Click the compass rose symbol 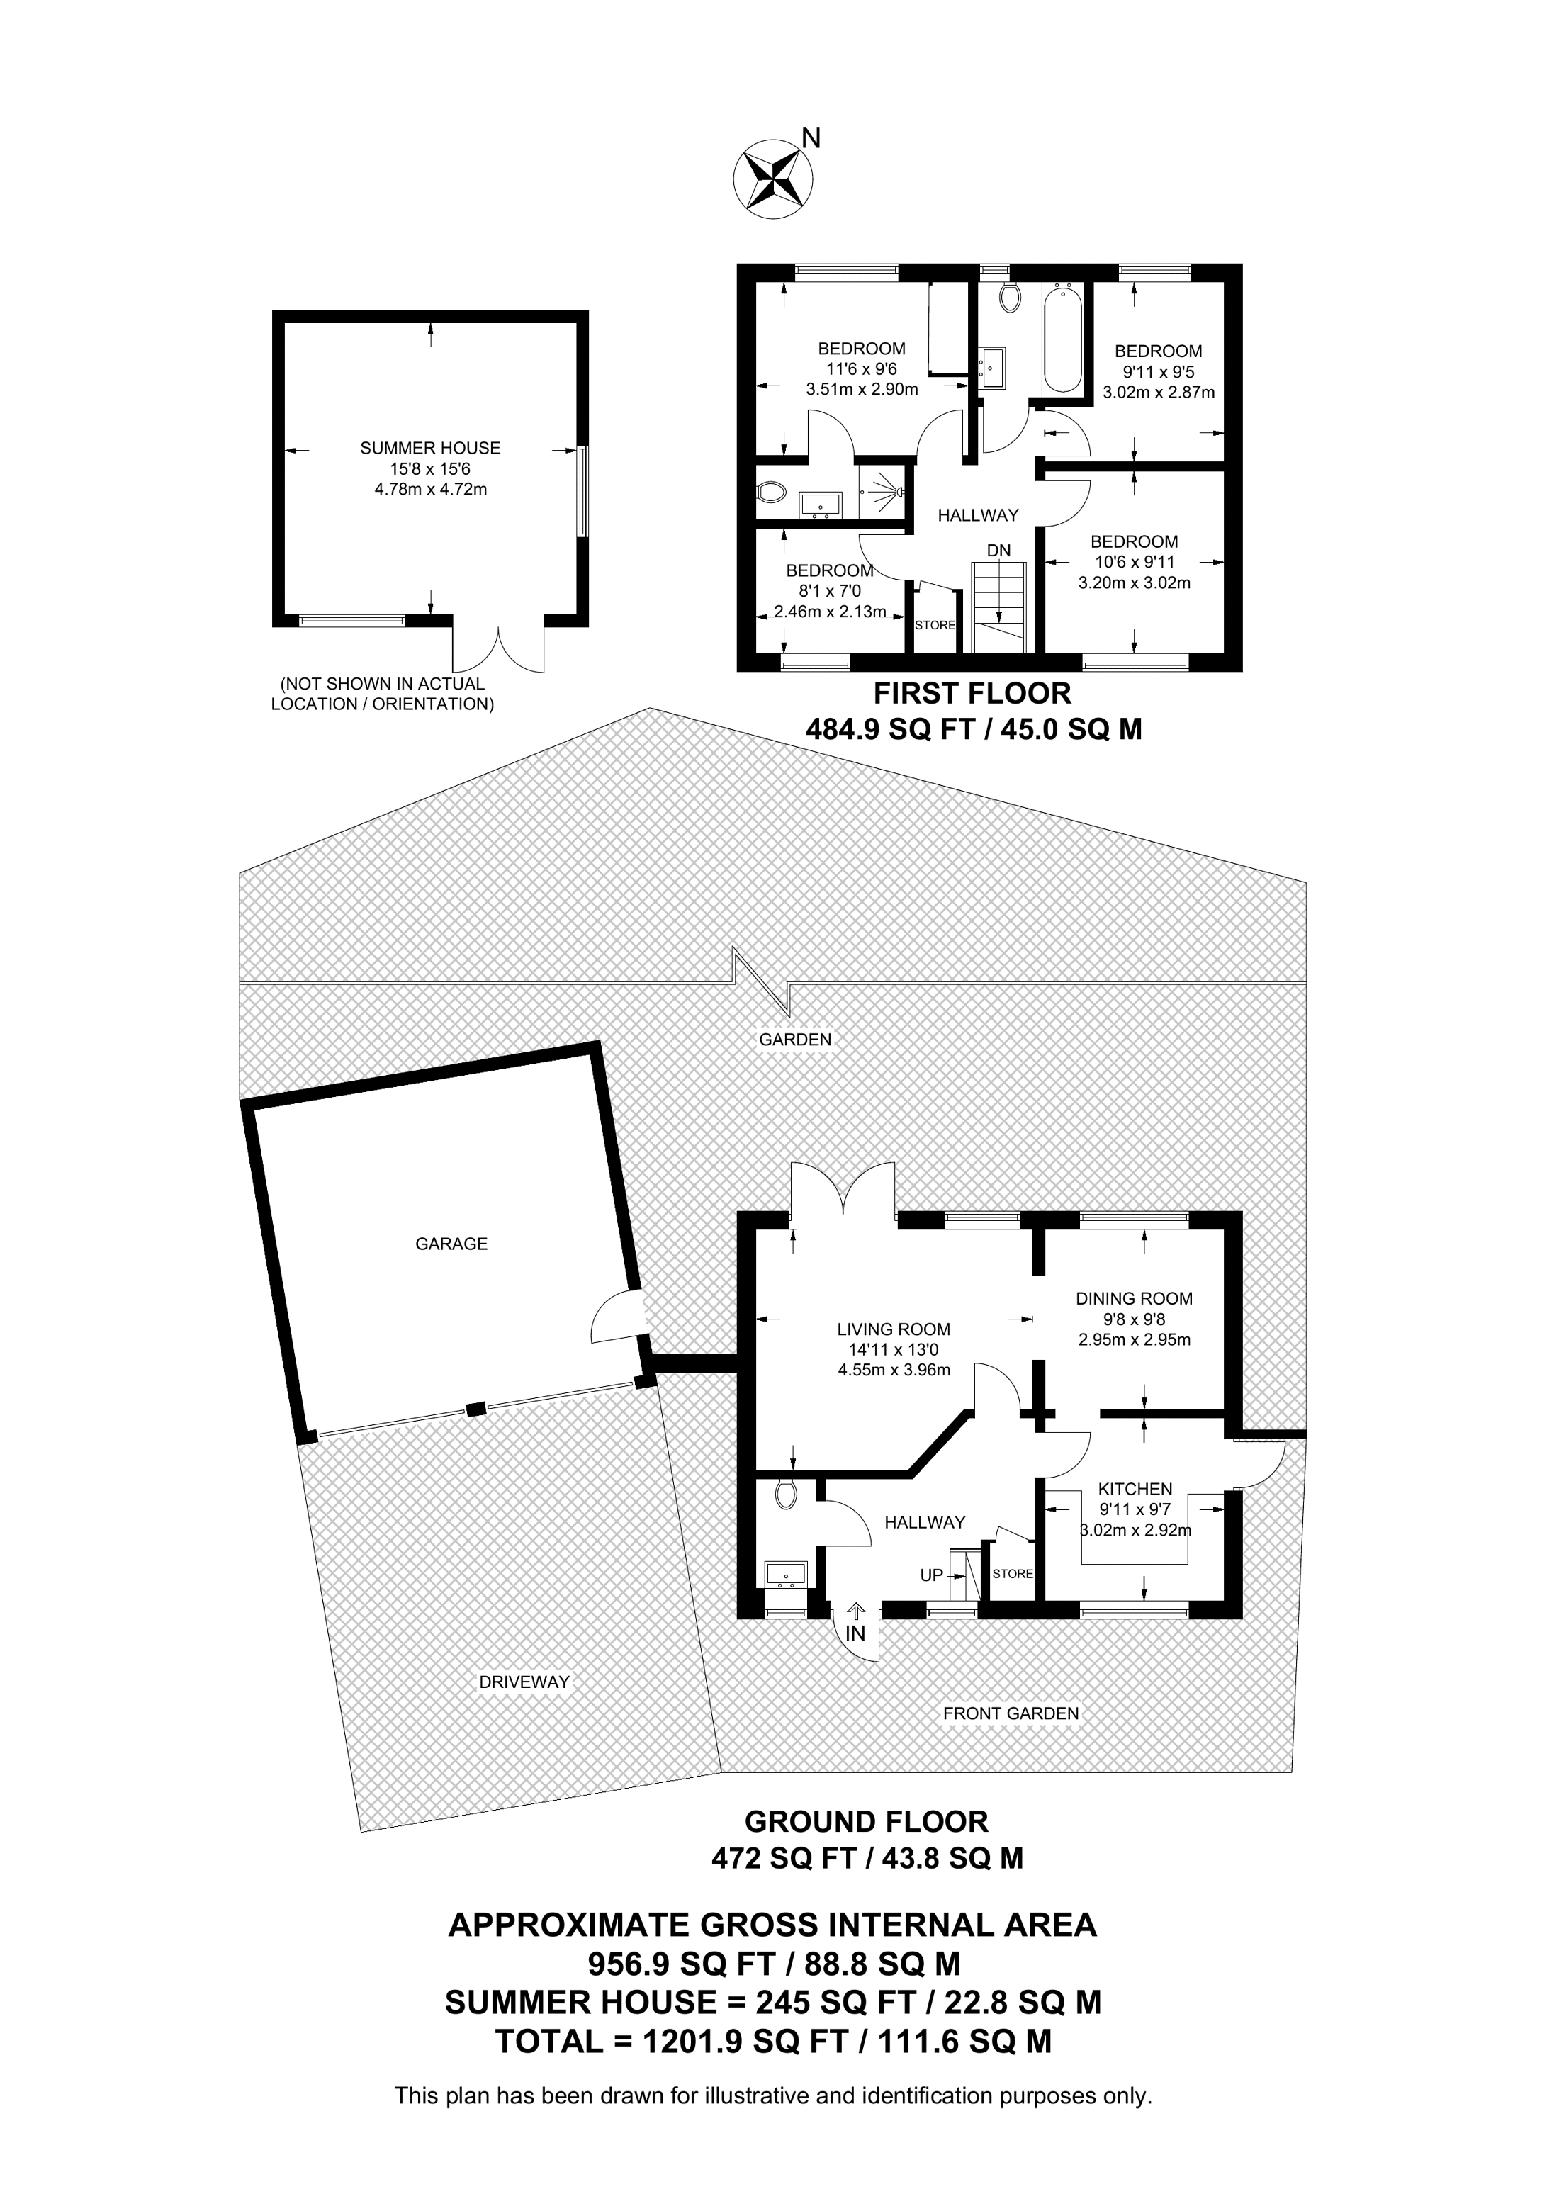coord(772,176)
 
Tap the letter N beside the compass coord(811,138)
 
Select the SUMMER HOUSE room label coord(429,448)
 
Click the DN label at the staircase coord(999,550)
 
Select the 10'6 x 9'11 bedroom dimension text coord(1134,562)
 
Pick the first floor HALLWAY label coord(978,516)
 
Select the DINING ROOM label coord(1134,1299)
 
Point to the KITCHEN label coord(1135,1490)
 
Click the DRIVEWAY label coord(524,1682)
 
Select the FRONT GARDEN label coord(1011,1713)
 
